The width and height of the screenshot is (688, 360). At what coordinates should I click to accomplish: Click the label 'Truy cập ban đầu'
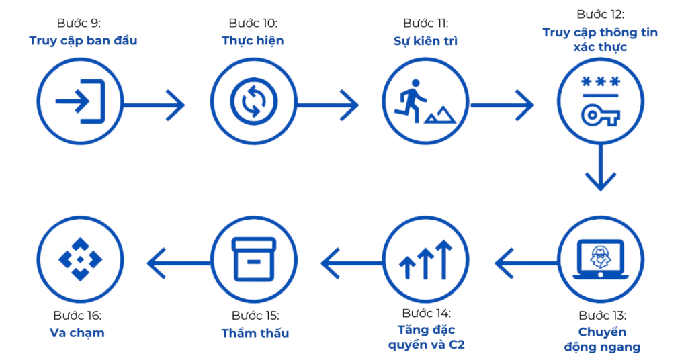click(x=83, y=40)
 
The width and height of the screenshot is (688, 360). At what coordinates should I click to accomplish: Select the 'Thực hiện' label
click(x=253, y=40)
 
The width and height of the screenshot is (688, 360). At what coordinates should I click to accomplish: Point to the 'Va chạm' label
click(x=77, y=332)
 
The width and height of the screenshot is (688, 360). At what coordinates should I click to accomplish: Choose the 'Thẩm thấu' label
click(x=255, y=333)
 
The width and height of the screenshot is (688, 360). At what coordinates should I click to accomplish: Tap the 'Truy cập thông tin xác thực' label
click(x=600, y=40)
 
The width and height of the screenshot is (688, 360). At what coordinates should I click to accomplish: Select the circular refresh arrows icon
click(x=253, y=103)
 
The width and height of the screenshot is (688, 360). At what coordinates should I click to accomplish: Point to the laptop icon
click(x=600, y=262)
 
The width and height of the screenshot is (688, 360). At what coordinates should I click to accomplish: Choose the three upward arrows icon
click(x=426, y=262)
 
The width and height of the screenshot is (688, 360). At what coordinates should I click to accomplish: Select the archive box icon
click(x=253, y=258)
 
